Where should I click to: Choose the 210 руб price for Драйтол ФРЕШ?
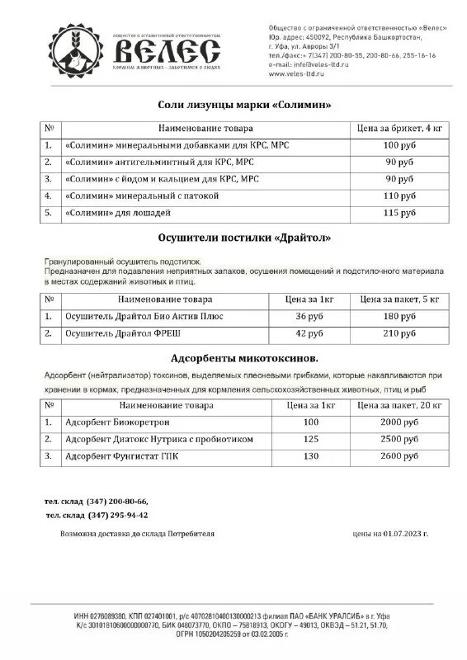tap(399, 333)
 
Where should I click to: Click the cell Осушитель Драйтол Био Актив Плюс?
tap(144, 316)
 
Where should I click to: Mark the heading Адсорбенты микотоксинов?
tap(243, 359)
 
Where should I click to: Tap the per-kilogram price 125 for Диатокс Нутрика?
tap(310, 438)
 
